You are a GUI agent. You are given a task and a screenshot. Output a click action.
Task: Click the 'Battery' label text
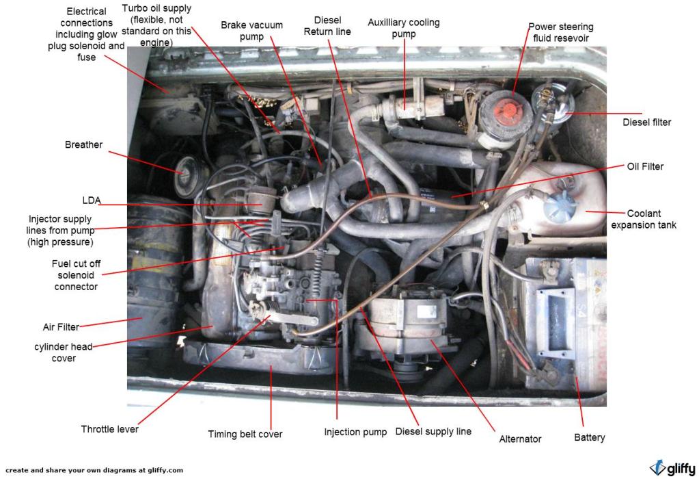click(x=589, y=437)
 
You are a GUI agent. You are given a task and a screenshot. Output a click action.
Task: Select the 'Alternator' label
click(x=521, y=439)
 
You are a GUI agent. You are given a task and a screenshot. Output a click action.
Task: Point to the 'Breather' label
click(x=83, y=144)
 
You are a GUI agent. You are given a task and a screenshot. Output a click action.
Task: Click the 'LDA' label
click(x=91, y=200)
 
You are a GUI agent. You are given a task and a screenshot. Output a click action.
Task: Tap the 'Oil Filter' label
click(x=645, y=166)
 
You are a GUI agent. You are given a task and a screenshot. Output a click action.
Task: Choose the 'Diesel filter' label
click(x=646, y=122)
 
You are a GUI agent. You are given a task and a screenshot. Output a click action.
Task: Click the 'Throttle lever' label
click(x=109, y=429)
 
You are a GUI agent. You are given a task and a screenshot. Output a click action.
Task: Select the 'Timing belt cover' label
click(x=245, y=434)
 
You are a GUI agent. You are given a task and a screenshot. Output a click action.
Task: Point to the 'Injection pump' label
click(x=355, y=432)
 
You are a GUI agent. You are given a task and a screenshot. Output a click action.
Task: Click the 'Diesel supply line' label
click(x=433, y=432)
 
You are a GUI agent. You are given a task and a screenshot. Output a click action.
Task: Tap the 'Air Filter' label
click(x=61, y=326)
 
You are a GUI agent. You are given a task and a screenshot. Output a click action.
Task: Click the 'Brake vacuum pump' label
click(x=251, y=30)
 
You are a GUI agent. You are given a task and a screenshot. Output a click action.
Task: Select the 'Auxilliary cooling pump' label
click(x=404, y=28)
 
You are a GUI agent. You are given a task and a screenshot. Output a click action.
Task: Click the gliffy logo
click(x=672, y=468)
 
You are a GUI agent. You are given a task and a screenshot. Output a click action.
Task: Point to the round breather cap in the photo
click(x=186, y=176)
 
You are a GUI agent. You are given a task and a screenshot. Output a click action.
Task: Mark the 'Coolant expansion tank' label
click(x=644, y=219)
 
